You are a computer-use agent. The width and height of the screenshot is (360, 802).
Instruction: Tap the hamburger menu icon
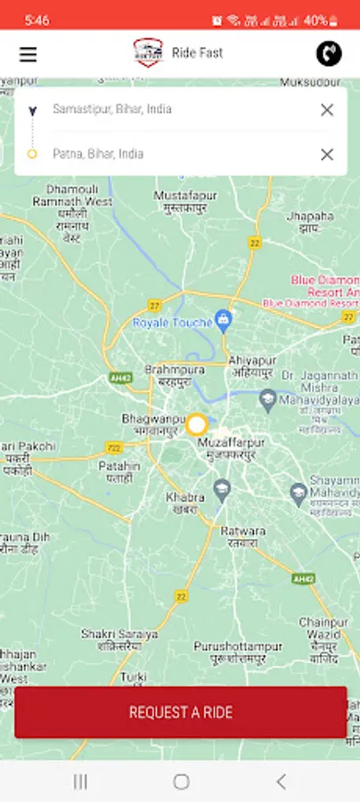pyautogui.click(x=29, y=54)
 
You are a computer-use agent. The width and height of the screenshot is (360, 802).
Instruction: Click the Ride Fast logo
pyautogui.click(x=148, y=53)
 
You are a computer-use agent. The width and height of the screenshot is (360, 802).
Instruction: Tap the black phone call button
pyautogui.click(x=329, y=53)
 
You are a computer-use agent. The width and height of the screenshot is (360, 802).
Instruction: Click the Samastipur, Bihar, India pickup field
pyautogui.click(x=169, y=110)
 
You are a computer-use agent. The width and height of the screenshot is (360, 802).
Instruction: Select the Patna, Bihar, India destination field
pyautogui.click(x=169, y=154)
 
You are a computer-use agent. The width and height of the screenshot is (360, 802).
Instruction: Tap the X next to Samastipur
pyautogui.click(x=327, y=110)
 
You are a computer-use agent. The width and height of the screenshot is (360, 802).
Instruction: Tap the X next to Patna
pyautogui.click(x=327, y=154)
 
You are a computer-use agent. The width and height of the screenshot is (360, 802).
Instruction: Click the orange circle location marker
pyautogui.click(x=196, y=424)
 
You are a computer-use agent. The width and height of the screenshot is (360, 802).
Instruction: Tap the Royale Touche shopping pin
pyautogui.click(x=224, y=319)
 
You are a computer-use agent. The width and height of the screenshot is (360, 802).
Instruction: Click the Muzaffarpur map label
pyautogui.click(x=226, y=447)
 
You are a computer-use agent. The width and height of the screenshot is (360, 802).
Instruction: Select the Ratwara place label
pyautogui.click(x=241, y=536)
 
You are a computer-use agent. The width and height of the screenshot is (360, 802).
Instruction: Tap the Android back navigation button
pyautogui.click(x=281, y=782)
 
